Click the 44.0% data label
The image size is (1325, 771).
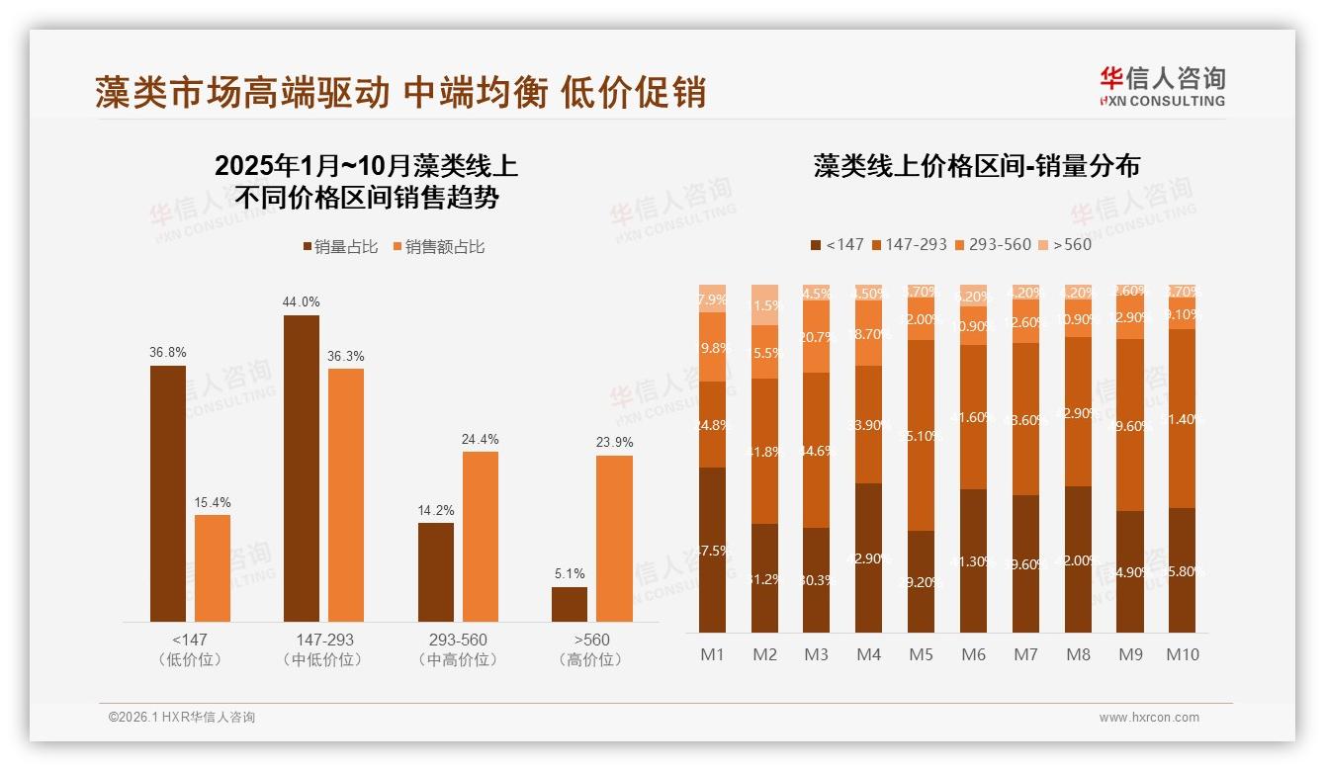302,301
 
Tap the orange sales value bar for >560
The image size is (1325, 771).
614,538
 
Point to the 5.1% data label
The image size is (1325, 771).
569,573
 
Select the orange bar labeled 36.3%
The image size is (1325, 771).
346,494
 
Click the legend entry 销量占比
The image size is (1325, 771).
340,247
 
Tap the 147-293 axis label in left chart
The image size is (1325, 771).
323,640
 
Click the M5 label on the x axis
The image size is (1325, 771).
921,654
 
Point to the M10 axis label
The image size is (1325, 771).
1182,654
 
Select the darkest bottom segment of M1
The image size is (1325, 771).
712,550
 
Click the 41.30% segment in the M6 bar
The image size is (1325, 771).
973,560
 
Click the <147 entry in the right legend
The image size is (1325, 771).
837,244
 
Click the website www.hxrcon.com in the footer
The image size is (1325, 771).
1149,718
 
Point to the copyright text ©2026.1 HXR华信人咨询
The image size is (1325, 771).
181,718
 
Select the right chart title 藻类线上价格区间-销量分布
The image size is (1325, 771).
976,166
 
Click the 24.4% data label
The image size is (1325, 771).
480,439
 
